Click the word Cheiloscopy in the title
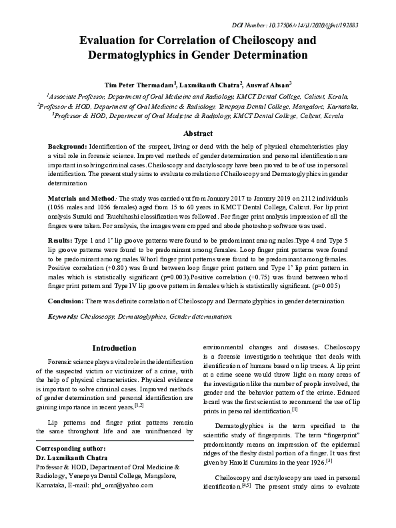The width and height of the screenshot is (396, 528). (x=252, y=40)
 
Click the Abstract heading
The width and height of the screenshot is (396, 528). (x=197, y=133)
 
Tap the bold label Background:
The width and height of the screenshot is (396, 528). (x=67, y=145)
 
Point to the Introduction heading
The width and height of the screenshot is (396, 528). (x=114, y=348)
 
